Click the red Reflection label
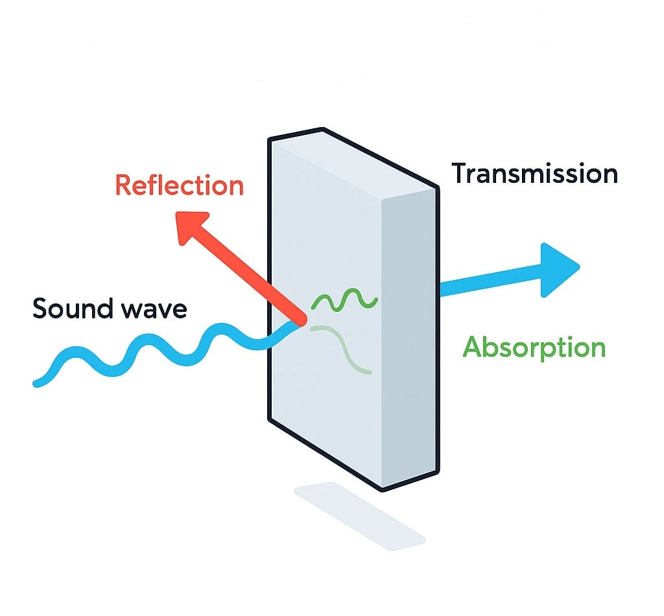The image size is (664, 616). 179,185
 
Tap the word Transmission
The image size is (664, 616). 534,174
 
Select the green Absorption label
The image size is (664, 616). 534,348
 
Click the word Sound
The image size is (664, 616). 69,309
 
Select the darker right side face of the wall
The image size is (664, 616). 410,337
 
